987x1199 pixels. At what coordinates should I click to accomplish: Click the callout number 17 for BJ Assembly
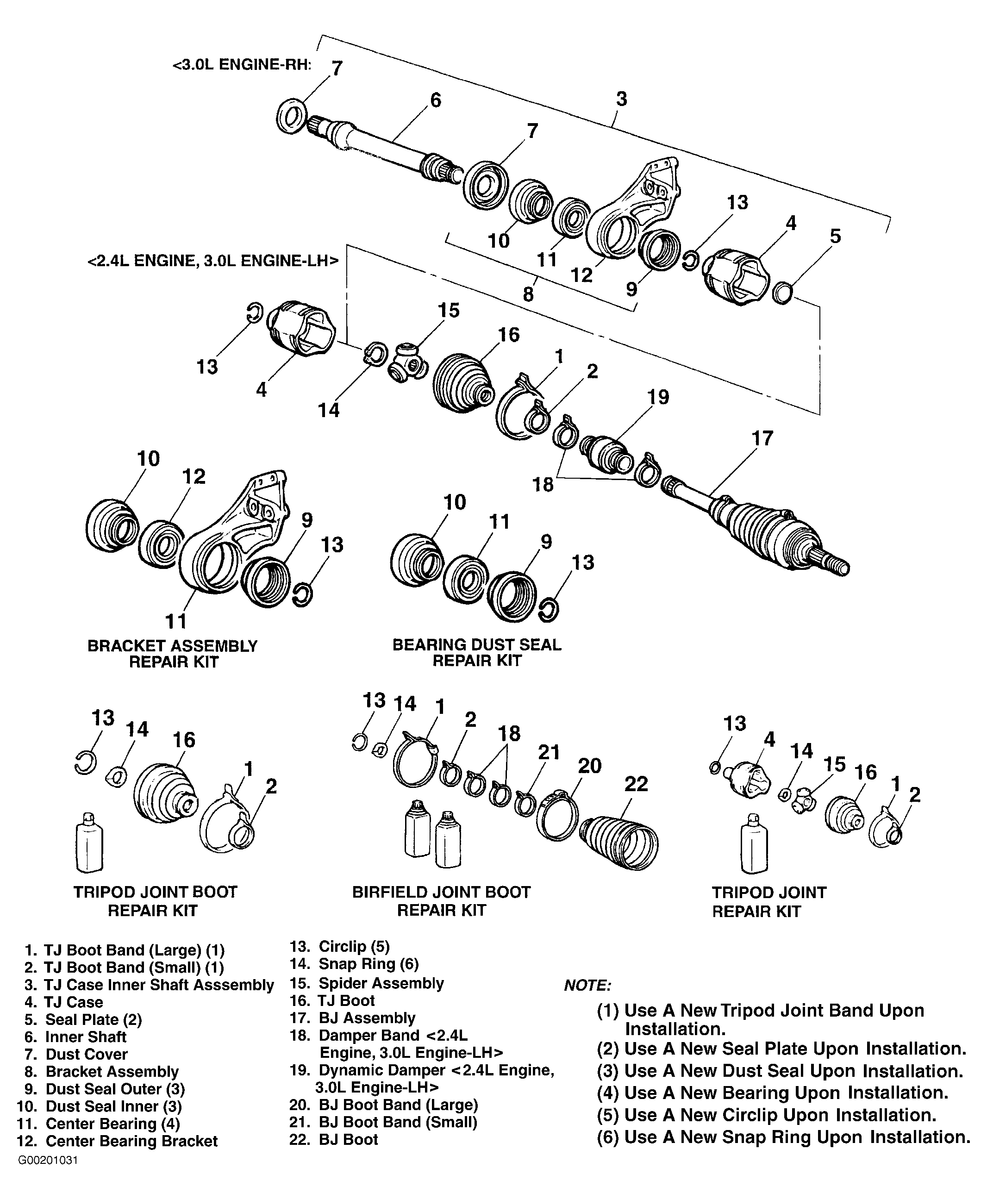click(762, 438)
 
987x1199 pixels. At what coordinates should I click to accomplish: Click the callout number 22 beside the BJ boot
click(636, 784)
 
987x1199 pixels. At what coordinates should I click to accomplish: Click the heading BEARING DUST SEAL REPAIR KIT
click(476, 653)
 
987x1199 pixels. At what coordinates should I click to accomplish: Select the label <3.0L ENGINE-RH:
click(242, 64)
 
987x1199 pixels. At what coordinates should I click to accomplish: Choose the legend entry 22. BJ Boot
click(334, 1139)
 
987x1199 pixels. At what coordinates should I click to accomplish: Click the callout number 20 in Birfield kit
click(590, 766)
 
